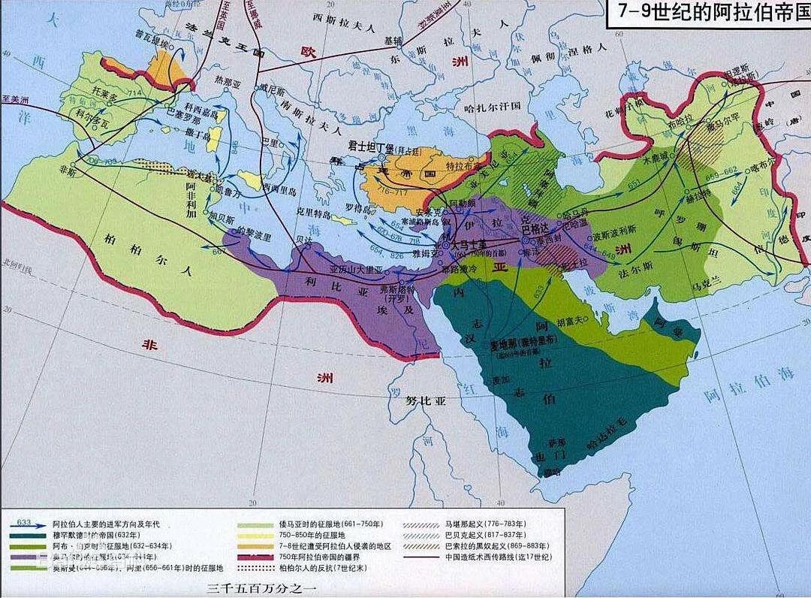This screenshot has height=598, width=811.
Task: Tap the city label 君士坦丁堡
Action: [371, 146]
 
